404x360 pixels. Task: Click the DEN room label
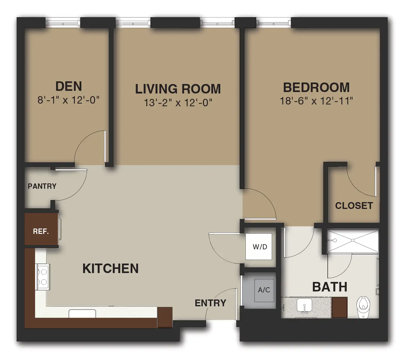tap(69, 86)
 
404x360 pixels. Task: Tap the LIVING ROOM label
tap(178, 89)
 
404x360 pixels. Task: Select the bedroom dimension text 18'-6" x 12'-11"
tap(316, 101)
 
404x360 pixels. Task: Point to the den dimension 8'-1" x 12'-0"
tap(68, 100)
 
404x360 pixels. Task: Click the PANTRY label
tap(42, 186)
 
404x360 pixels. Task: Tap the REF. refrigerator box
tap(41, 229)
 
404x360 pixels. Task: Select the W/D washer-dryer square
tap(259, 247)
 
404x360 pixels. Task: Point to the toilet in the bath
tap(363, 307)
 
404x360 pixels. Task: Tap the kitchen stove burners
tap(43, 277)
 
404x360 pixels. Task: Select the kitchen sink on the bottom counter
tap(82, 314)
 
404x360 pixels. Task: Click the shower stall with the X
tap(353, 241)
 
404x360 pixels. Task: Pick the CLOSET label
tap(354, 206)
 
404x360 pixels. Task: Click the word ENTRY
tap(210, 303)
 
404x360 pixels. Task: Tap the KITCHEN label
tap(110, 268)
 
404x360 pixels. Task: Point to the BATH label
tap(329, 287)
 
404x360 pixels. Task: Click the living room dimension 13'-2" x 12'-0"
tap(178, 103)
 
